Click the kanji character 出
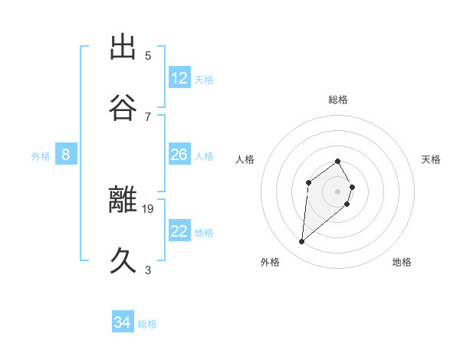tap(123, 47)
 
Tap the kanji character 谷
tap(123, 107)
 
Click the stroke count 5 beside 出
tap(148, 56)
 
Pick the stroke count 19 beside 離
tap(148, 208)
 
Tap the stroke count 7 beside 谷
tap(148, 116)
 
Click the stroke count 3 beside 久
tap(148, 270)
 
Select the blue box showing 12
tap(179, 78)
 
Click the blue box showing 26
tap(179, 155)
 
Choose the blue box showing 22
tap(179, 231)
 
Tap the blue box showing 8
tap(66, 155)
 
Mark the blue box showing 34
tap(122, 323)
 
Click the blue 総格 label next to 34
tap(147, 324)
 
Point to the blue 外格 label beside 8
tap(41, 156)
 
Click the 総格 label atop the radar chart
tap(338, 100)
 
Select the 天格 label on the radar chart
tap(432, 159)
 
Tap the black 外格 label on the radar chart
tap(270, 262)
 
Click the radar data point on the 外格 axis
tap(302, 242)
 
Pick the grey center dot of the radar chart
tap(338, 191)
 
